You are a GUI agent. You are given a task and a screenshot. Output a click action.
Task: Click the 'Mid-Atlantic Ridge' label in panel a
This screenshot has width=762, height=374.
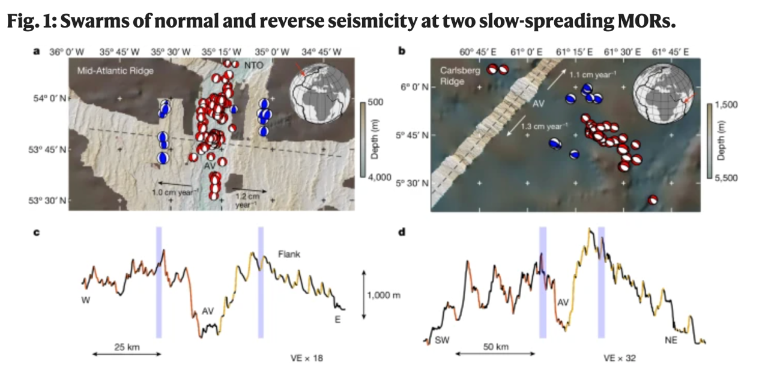(x=115, y=71)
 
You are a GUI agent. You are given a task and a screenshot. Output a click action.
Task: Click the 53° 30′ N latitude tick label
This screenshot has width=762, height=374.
(x=49, y=200)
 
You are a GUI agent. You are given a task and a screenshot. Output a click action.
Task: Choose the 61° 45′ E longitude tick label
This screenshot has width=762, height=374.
(x=672, y=52)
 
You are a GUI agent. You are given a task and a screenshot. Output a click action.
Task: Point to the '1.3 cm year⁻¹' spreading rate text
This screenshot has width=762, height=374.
(x=544, y=127)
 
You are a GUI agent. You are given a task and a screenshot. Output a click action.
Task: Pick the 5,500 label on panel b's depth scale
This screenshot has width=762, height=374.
(x=730, y=178)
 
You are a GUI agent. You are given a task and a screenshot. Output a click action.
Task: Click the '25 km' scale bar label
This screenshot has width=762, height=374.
(x=127, y=346)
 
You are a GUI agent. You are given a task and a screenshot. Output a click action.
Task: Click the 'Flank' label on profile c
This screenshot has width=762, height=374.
(x=289, y=255)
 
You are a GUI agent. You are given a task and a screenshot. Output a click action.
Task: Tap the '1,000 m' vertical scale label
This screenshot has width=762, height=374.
(x=384, y=295)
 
